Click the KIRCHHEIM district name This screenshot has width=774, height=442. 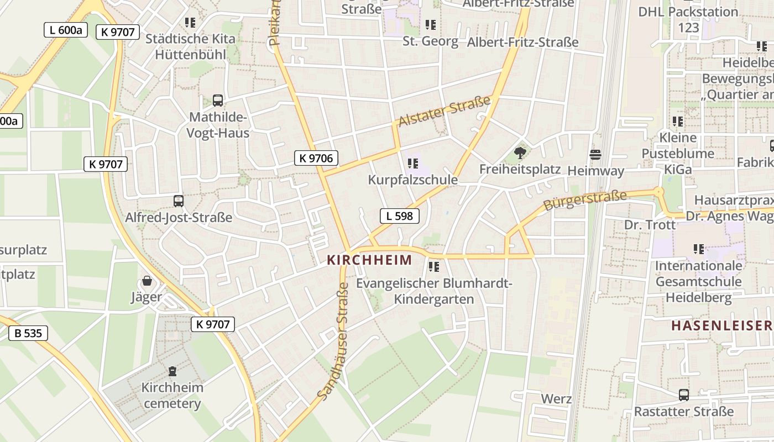pos(369,260)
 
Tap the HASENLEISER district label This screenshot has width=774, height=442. pos(721,325)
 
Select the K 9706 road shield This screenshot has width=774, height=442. pos(316,158)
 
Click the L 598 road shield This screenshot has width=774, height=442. pos(399,216)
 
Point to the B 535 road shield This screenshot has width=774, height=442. pos(28,333)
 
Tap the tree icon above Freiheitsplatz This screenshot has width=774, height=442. pos(520,153)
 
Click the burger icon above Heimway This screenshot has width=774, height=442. pos(595,155)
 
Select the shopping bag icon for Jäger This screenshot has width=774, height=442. pos(147,281)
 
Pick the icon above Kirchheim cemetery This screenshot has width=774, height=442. pos(172,371)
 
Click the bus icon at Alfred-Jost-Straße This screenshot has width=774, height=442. pos(178,201)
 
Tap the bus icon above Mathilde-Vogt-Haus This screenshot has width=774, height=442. pos(218,101)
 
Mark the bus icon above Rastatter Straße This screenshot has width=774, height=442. pos(684,395)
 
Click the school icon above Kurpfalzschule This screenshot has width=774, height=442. pos(412,164)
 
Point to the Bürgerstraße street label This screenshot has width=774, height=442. pos(585,200)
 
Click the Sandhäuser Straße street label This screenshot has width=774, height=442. pos(333,341)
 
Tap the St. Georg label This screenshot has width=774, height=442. pos(430,41)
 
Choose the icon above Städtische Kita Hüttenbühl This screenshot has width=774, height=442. pos(190,23)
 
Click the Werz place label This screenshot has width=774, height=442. pos(556,398)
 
